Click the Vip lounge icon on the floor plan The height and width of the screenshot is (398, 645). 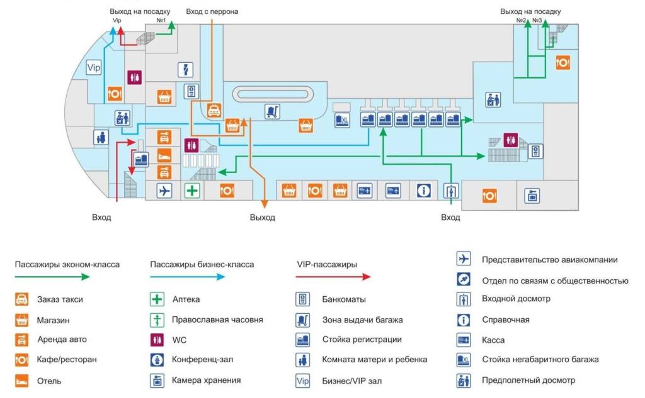tap(94, 67)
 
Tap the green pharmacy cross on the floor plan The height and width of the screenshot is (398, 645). tap(192, 190)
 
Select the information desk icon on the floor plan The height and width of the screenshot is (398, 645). tap(424, 190)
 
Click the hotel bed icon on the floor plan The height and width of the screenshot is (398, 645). tap(164, 155)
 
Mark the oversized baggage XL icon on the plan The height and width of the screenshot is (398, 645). tap(341, 119)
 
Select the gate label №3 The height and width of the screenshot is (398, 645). tap(537, 21)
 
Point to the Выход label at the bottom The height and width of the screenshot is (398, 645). tap(262, 218)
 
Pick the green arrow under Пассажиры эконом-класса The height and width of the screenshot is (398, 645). tap(66, 277)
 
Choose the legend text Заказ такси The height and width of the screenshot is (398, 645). tap(60, 300)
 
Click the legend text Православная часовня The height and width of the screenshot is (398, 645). tap(217, 319)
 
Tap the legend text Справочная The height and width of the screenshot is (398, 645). tap(506, 320)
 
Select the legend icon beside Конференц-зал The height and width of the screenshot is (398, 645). tap(157, 360)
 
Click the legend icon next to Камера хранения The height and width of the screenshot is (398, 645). tap(157, 380)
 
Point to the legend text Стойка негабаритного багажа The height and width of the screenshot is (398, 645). tap(540, 360)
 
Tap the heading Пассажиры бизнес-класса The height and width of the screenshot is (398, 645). tap(202, 265)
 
